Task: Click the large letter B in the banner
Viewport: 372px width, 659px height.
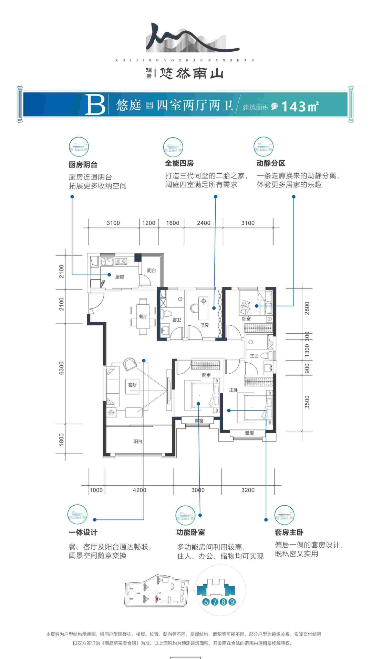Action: click(95, 105)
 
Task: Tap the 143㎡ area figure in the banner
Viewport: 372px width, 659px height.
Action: click(299, 106)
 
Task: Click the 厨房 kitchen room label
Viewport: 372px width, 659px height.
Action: click(120, 277)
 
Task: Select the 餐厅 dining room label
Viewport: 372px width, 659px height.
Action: click(143, 316)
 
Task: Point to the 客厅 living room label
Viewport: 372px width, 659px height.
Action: click(133, 385)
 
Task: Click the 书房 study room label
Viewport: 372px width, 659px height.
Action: click(205, 325)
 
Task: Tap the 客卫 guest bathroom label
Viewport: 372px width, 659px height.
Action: click(177, 320)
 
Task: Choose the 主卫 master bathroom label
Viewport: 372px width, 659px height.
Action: click(254, 356)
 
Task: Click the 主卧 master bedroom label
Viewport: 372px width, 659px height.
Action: click(233, 390)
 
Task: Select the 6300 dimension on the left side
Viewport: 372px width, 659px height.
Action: click(62, 368)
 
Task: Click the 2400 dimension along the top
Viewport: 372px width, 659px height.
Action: click(204, 223)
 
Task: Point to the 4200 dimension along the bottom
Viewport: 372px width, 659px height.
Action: click(139, 490)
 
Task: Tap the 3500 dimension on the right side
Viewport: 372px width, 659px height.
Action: click(307, 402)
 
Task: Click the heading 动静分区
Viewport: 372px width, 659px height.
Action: click(271, 163)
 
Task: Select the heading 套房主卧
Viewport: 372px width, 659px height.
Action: click(289, 533)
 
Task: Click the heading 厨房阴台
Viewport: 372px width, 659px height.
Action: click(83, 165)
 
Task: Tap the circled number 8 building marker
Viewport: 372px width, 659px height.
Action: click(224, 602)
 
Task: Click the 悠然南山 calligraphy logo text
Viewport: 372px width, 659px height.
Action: click(192, 73)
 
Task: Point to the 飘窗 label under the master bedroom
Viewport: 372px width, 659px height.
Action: click(249, 433)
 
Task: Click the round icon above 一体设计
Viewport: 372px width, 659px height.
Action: click(77, 514)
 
